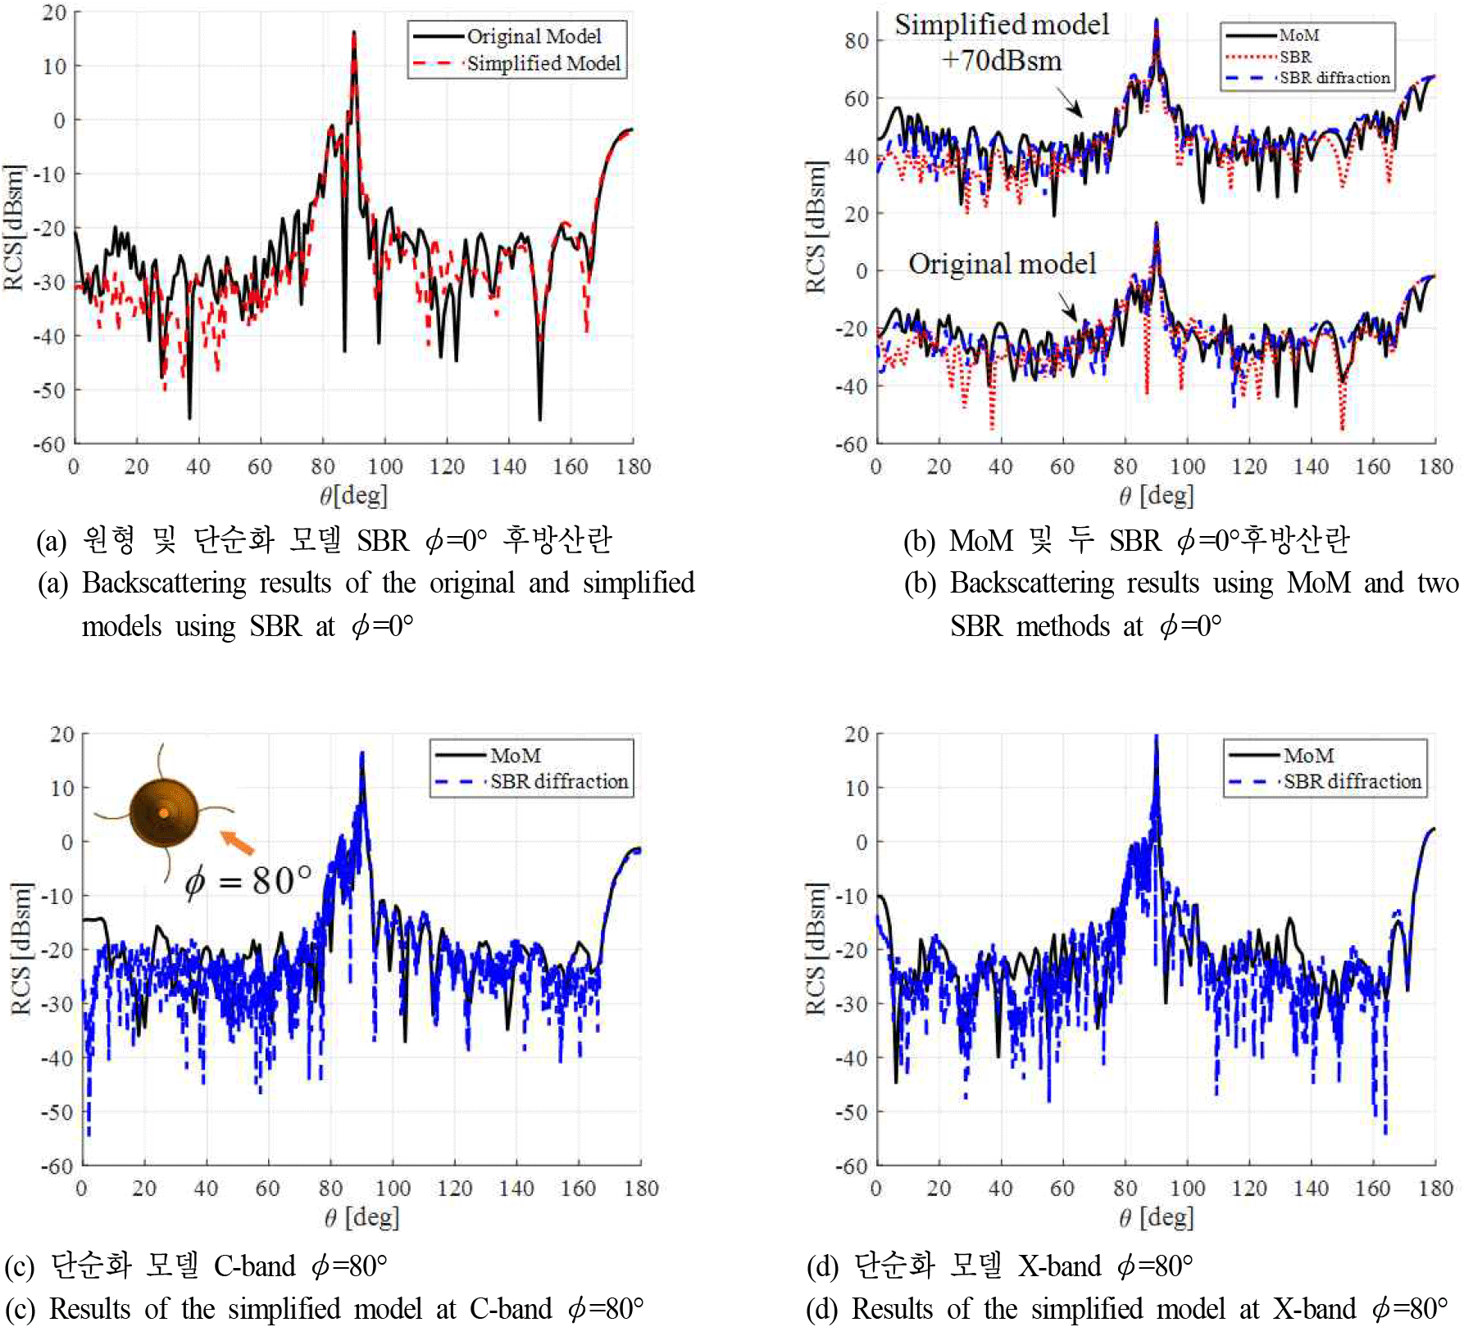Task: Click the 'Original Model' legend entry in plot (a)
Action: [534, 36]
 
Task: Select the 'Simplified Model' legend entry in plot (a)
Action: [543, 63]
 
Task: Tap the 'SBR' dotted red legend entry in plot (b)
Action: [1295, 57]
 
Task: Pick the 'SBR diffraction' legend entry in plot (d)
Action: [1352, 781]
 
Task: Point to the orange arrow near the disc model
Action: [238, 842]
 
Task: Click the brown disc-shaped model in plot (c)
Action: [164, 812]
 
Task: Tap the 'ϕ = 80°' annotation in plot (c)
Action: [248, 881]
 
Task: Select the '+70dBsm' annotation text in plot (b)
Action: [1002, 61]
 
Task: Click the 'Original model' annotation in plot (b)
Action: [1002, 264]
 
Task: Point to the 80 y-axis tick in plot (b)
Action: [857, 40]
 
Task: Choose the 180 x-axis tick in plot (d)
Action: [1435, 1188]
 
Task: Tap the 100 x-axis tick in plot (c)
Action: [393, 1188]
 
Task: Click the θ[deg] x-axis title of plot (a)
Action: [353, 495]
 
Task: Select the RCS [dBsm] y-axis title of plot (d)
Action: [816, 949]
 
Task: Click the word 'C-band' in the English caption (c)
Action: [511, 1309]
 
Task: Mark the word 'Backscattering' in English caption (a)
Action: [164, 583]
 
